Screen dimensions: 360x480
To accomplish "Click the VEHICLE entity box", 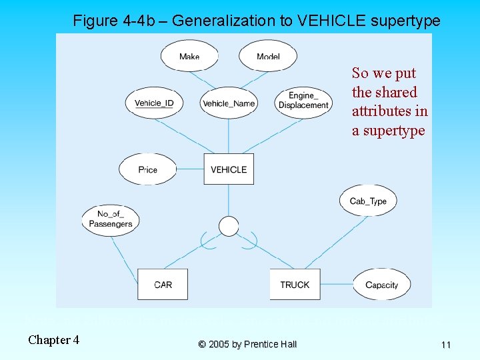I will click(229, 169).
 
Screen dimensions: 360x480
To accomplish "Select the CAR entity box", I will click(163, 284).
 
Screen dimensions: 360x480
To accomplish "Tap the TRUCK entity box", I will click(295, 284).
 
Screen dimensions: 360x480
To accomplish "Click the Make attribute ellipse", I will click(190, 56).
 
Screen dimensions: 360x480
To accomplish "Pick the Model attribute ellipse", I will click(268, 56).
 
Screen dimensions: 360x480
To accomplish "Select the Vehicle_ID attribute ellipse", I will click(154, 103).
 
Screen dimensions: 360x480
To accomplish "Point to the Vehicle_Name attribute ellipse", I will click(229, 103).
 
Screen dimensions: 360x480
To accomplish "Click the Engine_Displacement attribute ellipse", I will click(303, 101).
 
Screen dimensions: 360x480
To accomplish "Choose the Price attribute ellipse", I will click(148, 169).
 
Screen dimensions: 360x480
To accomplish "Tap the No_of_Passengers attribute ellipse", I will click(111, 219).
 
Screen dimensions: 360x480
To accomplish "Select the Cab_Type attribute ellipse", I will click(368, 201).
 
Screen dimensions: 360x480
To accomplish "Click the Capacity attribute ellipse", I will click(381, 285).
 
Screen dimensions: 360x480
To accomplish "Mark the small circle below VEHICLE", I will click(229, 227).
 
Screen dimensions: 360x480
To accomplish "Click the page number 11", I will click(445, 345).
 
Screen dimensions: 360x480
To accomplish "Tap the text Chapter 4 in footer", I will click(53, 340).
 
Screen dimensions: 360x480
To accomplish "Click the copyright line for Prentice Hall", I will click(247, 344).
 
